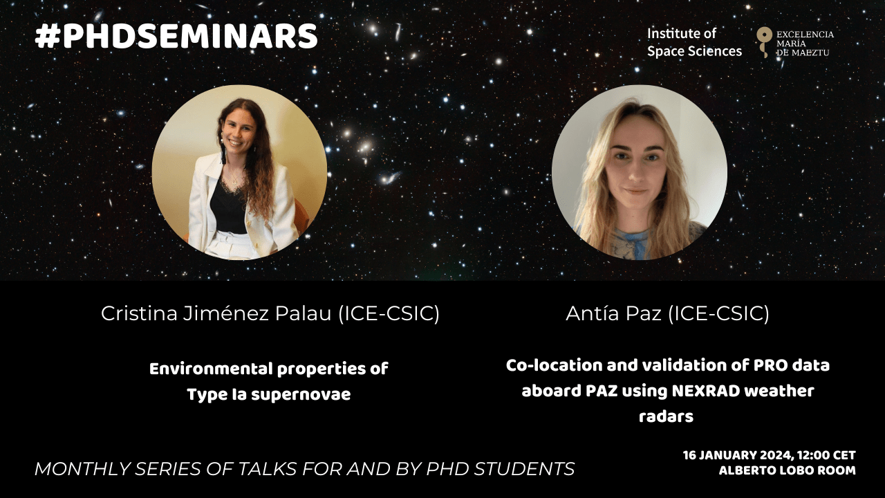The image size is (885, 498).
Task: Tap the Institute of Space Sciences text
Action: [694, 42]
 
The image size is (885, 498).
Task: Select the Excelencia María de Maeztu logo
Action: [795, 42]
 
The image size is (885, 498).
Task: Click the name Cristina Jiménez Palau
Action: [216, 314]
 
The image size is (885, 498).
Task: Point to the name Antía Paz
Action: [613, 314]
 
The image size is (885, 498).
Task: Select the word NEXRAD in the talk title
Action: [706, 391]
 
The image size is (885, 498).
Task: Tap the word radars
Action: [666, 416]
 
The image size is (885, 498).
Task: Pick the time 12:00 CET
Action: [826, 455]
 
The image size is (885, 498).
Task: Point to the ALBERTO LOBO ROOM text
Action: [788, 471]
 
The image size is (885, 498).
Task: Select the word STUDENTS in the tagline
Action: [524, 469]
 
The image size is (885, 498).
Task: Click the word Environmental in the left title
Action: [212, 369]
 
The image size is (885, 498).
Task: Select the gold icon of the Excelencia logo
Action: [764, 42]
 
